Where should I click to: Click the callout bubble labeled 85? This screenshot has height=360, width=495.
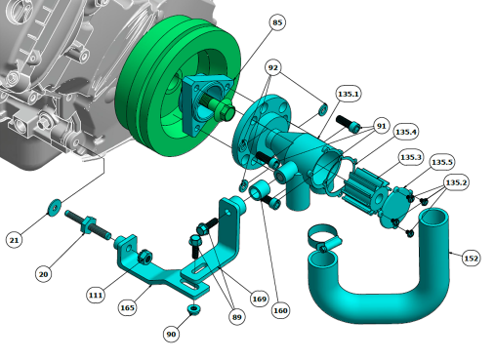[277, 22]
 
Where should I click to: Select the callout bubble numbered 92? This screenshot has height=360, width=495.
[272, 67]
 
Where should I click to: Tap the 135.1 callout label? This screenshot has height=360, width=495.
[349, 94]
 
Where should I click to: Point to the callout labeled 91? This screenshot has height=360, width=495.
[381, 126]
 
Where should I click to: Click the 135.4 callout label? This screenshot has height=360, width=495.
[405, 132]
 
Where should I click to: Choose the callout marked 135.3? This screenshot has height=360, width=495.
[411, 157]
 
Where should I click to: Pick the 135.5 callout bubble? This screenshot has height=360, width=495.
[441, 162]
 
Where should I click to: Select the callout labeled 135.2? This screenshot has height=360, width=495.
[456, 182]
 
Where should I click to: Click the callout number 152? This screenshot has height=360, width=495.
[471, 259]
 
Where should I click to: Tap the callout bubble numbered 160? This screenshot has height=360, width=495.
[280, 310]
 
